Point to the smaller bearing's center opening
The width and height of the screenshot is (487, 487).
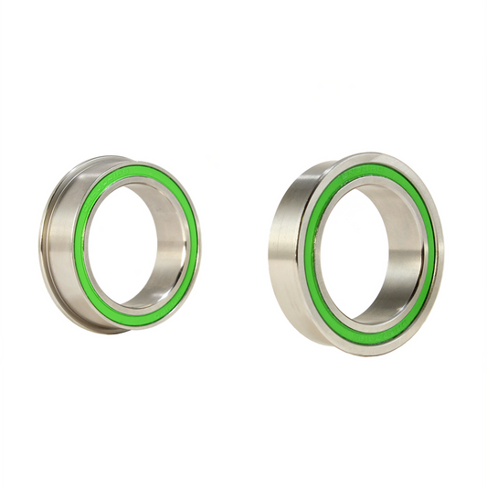(128, 242)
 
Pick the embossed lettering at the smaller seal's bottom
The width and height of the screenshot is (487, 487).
(137, 314)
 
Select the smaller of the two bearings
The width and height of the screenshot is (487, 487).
(119, 242)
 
